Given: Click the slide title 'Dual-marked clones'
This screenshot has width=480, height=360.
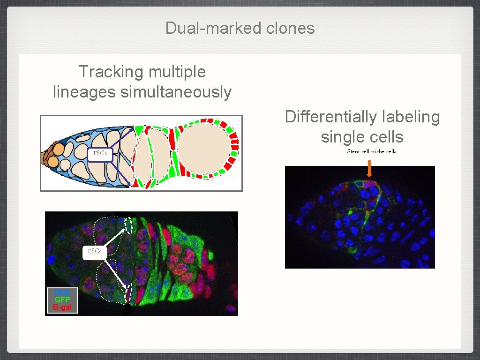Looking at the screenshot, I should click(x=240, y=28).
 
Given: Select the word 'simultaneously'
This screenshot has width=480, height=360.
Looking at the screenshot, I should click(x=176, y=92).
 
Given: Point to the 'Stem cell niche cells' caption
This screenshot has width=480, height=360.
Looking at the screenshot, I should click(x=372, y=151).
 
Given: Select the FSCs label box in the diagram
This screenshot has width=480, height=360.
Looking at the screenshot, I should click(x=100, y=153).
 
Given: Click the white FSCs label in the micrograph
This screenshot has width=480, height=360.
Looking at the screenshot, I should click(x=95, y=251).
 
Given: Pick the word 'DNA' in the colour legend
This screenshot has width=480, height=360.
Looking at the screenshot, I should click(x=62, y=293).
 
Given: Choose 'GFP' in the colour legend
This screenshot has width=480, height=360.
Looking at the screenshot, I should click(x=62, y=300).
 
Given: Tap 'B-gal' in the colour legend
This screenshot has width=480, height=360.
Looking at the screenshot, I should click(x=62, y=307).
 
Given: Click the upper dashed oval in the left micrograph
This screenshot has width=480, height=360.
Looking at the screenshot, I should click(x=129, y=225).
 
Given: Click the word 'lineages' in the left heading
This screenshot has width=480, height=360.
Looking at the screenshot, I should click(x=84, y=92).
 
